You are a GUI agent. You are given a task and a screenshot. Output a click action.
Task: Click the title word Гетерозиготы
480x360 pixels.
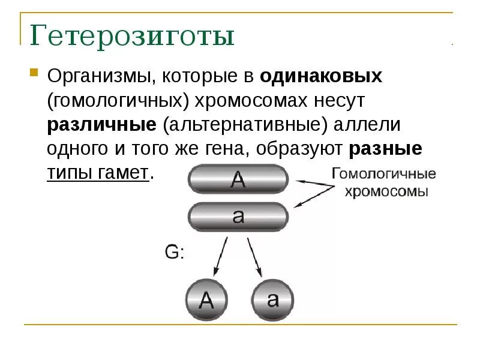point(132,37)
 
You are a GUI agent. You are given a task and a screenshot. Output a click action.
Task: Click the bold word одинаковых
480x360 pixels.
point(321,76)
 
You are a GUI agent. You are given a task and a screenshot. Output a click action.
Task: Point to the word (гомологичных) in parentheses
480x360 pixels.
point(117,100)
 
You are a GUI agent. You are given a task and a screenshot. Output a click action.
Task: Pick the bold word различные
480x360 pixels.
point(101,125)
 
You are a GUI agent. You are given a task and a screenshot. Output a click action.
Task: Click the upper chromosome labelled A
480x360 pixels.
point(238,180)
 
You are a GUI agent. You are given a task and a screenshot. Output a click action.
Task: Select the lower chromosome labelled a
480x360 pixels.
point(238,217)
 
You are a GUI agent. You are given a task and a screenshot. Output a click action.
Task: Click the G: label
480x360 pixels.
point(173,252)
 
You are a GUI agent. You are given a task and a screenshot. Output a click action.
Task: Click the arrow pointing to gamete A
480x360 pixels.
point(219,255)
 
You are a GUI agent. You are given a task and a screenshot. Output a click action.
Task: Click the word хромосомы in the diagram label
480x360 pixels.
point(385,193)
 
